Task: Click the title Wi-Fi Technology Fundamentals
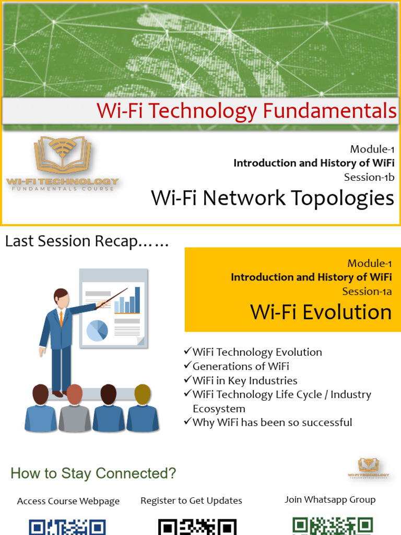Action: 246,111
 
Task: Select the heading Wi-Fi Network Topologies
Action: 272,199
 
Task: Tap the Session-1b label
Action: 369,177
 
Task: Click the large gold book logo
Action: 62,156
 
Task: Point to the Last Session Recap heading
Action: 87,241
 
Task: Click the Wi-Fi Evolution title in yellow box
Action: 321,312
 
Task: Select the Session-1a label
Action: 367,291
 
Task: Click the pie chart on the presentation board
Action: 97,330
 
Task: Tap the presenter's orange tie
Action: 61,318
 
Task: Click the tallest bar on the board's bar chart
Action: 137,299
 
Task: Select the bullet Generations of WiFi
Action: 240,366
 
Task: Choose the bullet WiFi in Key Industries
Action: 244,380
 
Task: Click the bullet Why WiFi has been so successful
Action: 272,422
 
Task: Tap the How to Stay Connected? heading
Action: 93,473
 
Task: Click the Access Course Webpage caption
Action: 68,501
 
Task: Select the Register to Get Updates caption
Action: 191,501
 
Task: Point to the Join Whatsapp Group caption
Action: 330,499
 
